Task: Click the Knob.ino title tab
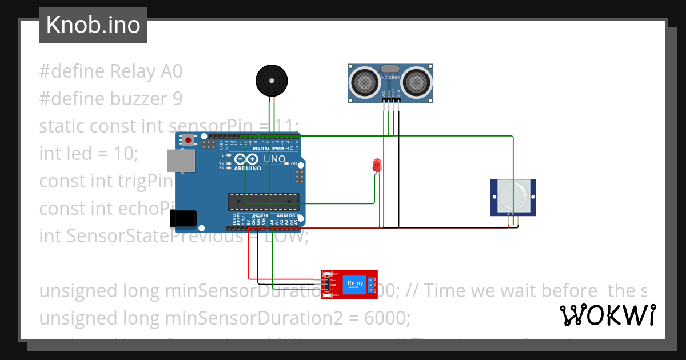click(x=93, y=25)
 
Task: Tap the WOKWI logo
click(x=607, y=315)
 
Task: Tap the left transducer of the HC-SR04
click(x=364, y=82)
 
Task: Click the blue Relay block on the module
click(x=354, y=283)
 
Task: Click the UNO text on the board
click(x=274, y=159)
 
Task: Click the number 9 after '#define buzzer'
click(x=177, y=99)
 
